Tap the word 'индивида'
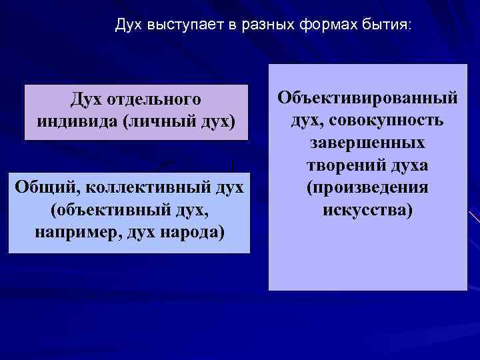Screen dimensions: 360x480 click(x=71, y=123)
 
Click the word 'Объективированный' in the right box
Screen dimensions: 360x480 click(x=367, y=99)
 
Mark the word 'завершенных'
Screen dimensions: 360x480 click(x=367, y=143)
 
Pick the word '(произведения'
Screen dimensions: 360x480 click(x=367, y=188)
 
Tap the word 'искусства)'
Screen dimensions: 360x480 click(x=367, y=211)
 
